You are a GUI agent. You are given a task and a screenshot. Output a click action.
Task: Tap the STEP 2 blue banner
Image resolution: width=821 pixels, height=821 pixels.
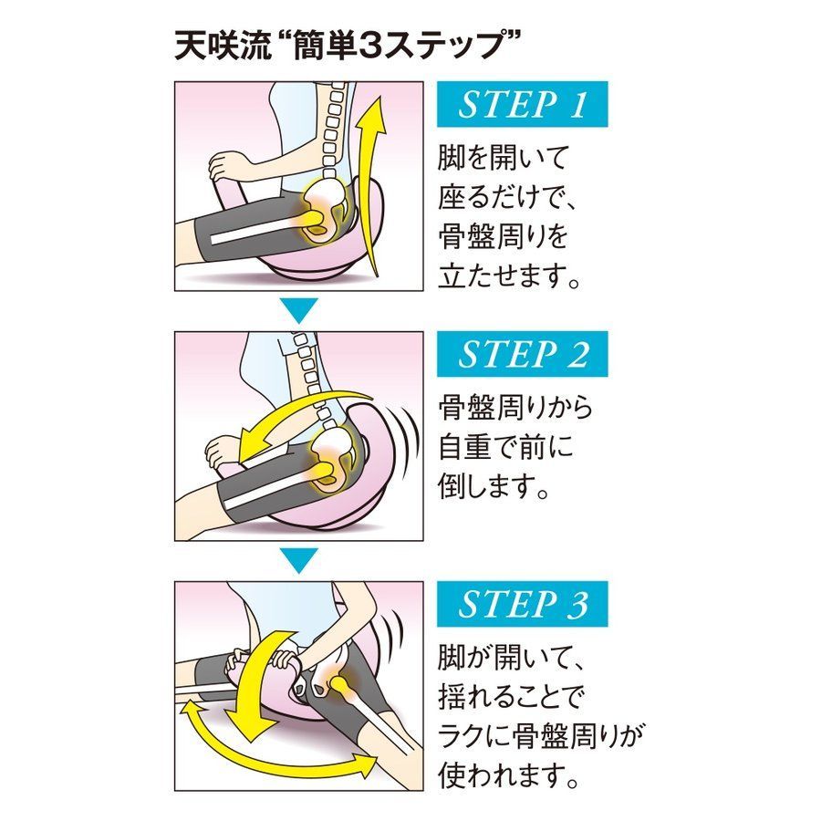[522, 354]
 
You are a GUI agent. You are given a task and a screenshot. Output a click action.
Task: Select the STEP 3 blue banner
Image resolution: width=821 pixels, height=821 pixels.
[522, 604]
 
